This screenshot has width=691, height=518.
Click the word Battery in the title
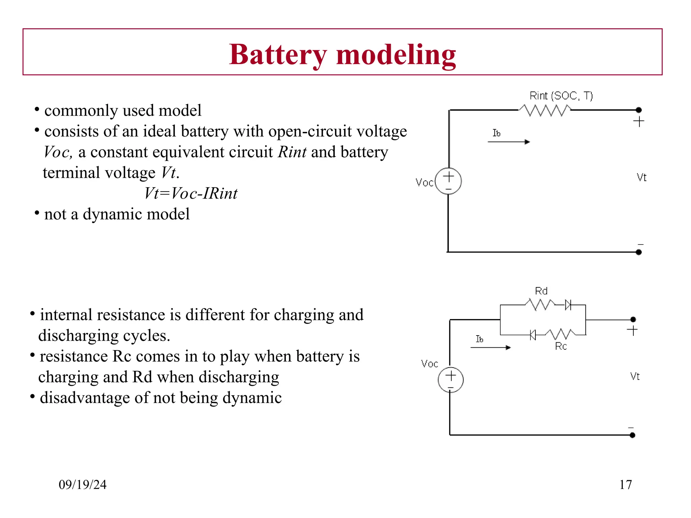(278, 55)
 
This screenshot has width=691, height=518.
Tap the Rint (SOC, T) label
(561, 96)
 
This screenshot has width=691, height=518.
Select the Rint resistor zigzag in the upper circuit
(545, 110)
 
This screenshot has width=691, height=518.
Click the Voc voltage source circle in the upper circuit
(448, 181)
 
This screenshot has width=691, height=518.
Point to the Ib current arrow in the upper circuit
(508, 142)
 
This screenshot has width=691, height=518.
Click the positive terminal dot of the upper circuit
(638, 110)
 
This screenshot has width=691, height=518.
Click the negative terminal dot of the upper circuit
(638, 252)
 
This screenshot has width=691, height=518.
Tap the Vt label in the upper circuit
(641, 177)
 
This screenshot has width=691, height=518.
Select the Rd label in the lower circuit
(541, 291)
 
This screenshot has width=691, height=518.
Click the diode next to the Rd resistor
(568, 305)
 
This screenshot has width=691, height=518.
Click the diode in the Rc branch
(533, 335)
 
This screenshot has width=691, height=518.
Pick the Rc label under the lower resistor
(561, 346)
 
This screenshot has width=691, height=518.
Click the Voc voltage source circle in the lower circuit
(451, 380)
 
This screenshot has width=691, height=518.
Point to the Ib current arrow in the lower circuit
(491, 347)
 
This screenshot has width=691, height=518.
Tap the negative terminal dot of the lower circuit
(632, 435)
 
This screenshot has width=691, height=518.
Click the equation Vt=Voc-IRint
(191, 194)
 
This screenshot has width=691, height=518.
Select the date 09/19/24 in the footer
(83, 485)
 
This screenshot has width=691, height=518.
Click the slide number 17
(626, 485)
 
